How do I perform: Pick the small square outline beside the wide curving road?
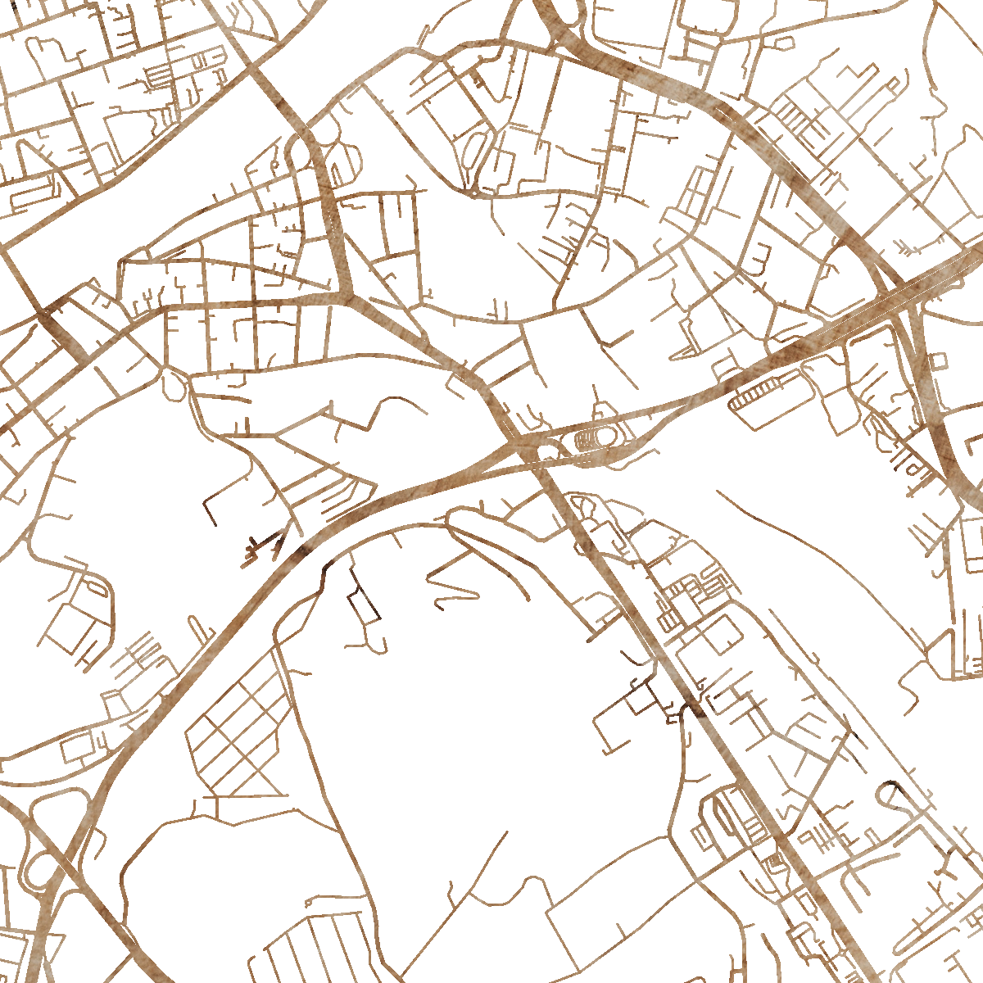coord(939,360)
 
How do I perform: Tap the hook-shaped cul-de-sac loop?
coord(893,799)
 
